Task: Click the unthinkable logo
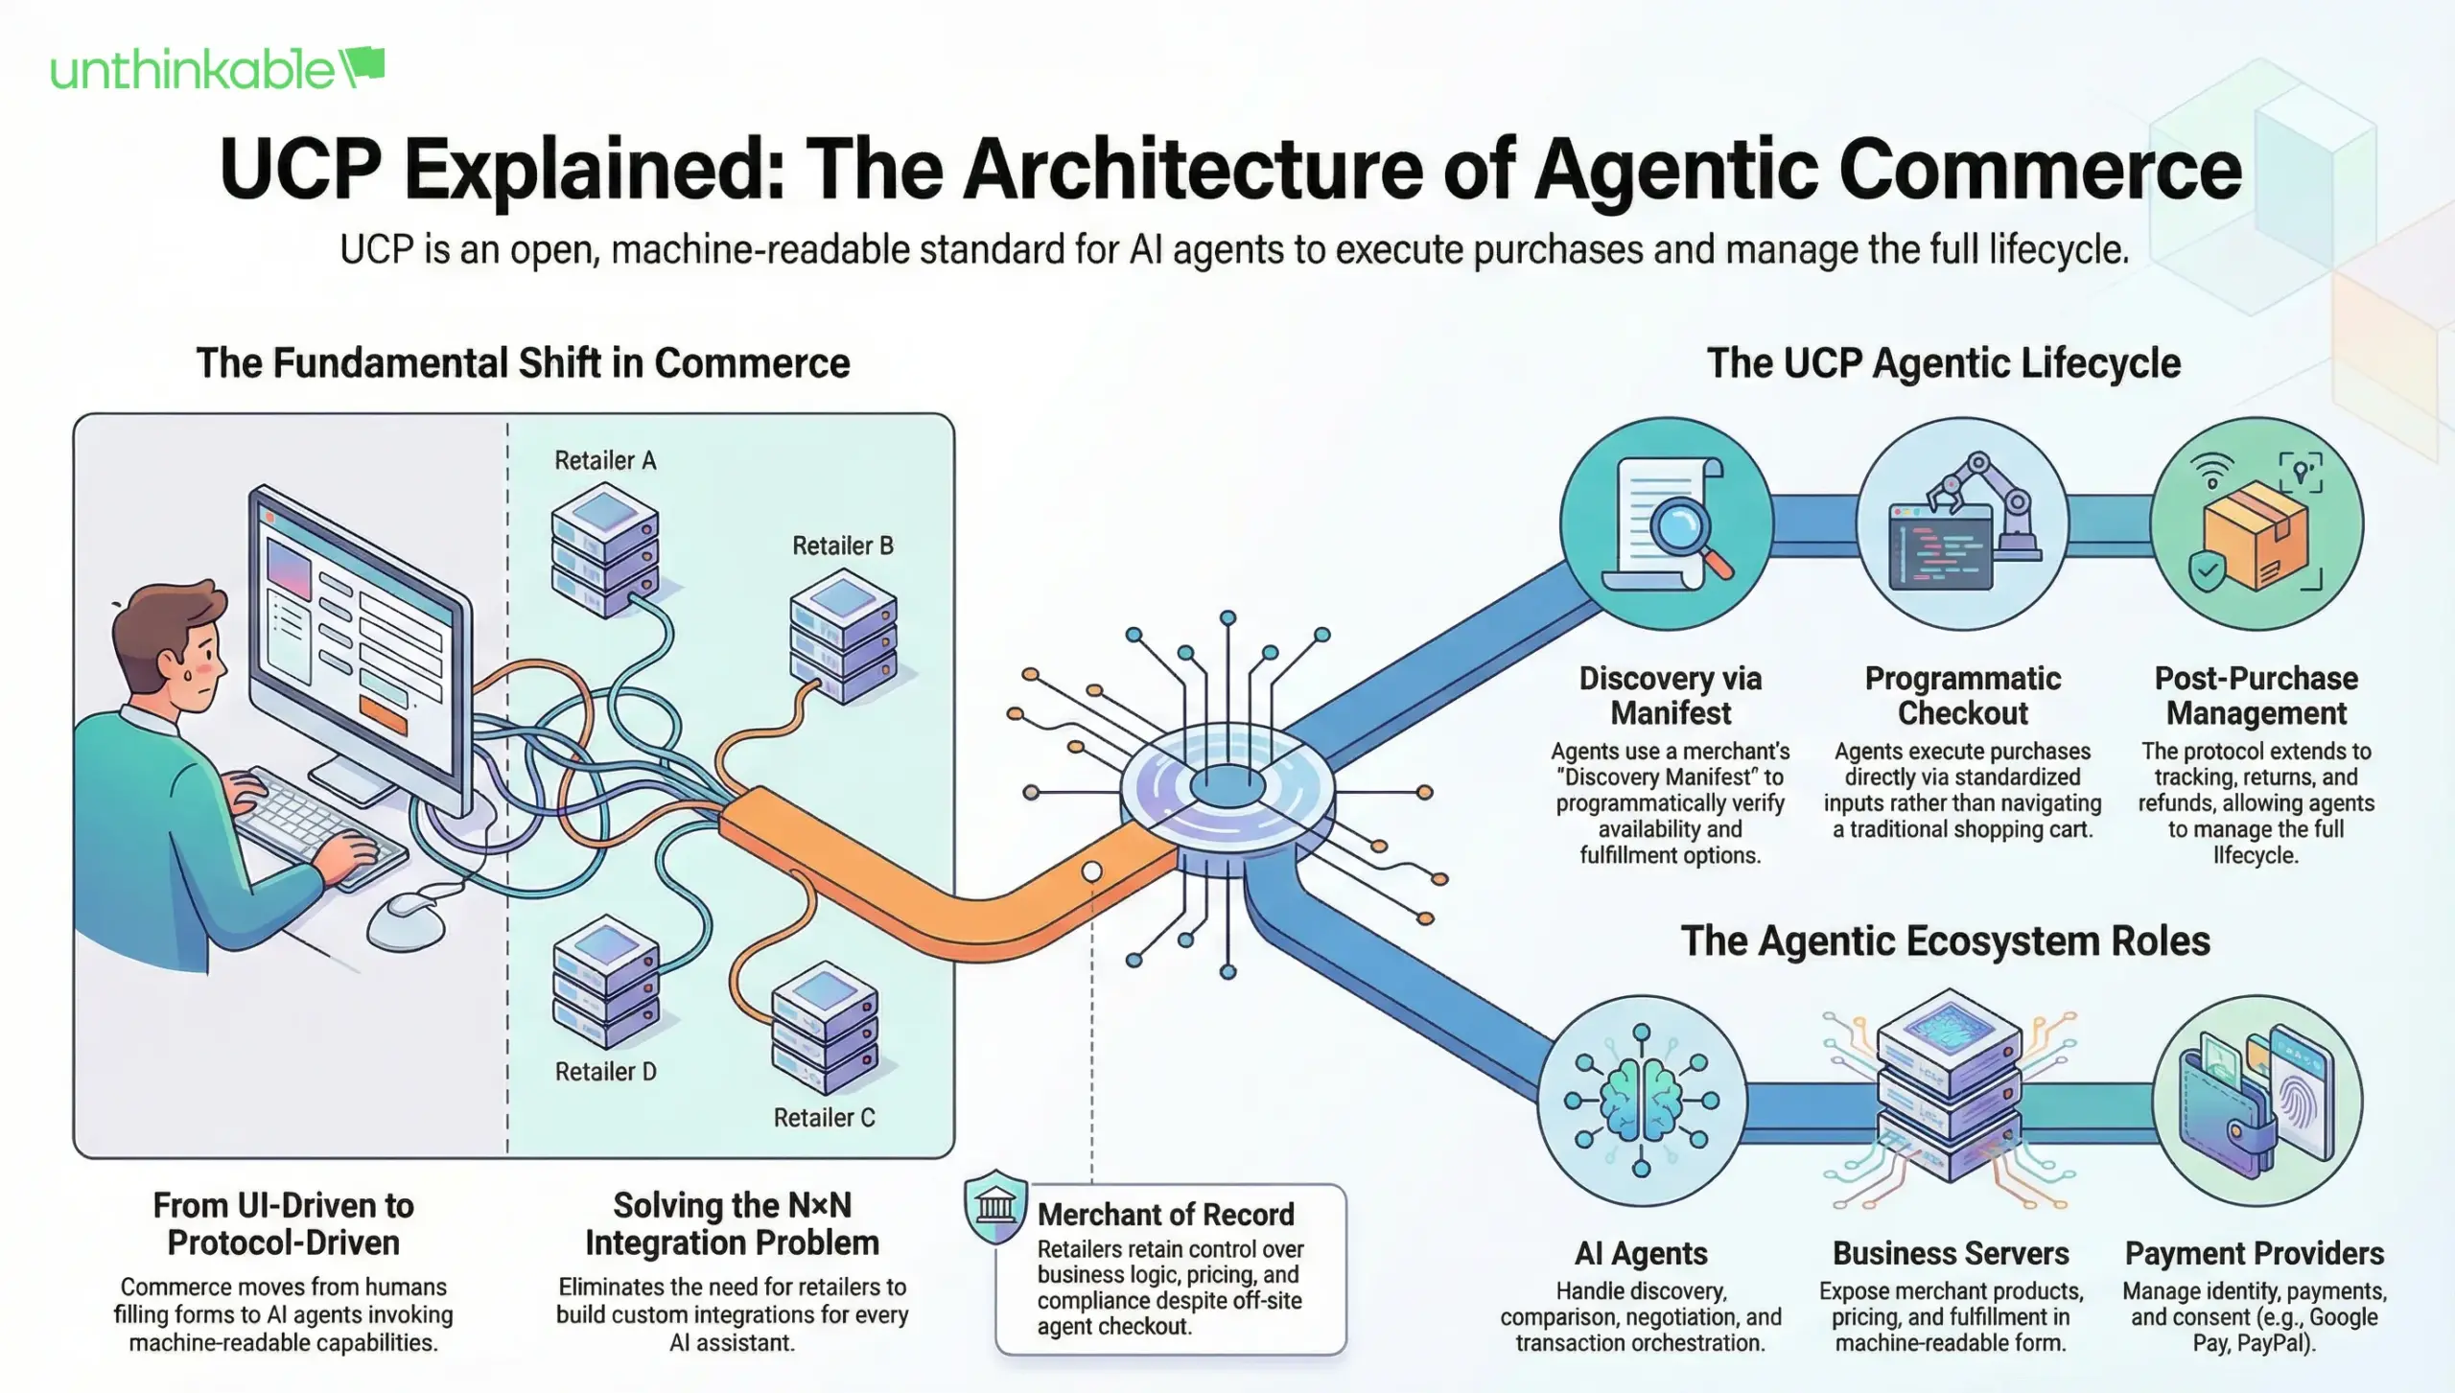[x=217, y=69]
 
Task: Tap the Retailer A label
[x=605, y=461]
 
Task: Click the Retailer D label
[x=605, y=1072]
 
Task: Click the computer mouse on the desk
[x=408, y=921]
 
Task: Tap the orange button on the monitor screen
[x=383, y=714]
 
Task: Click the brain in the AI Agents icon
[x=1641, y=1101]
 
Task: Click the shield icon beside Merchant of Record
[x=995, y=1206]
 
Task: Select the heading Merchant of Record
[x=1165, y=1215]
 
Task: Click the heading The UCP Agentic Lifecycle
[x=1943, y=363]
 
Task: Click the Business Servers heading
[x=1950, y=1254]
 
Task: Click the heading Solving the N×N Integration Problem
[x=732, y=1224]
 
